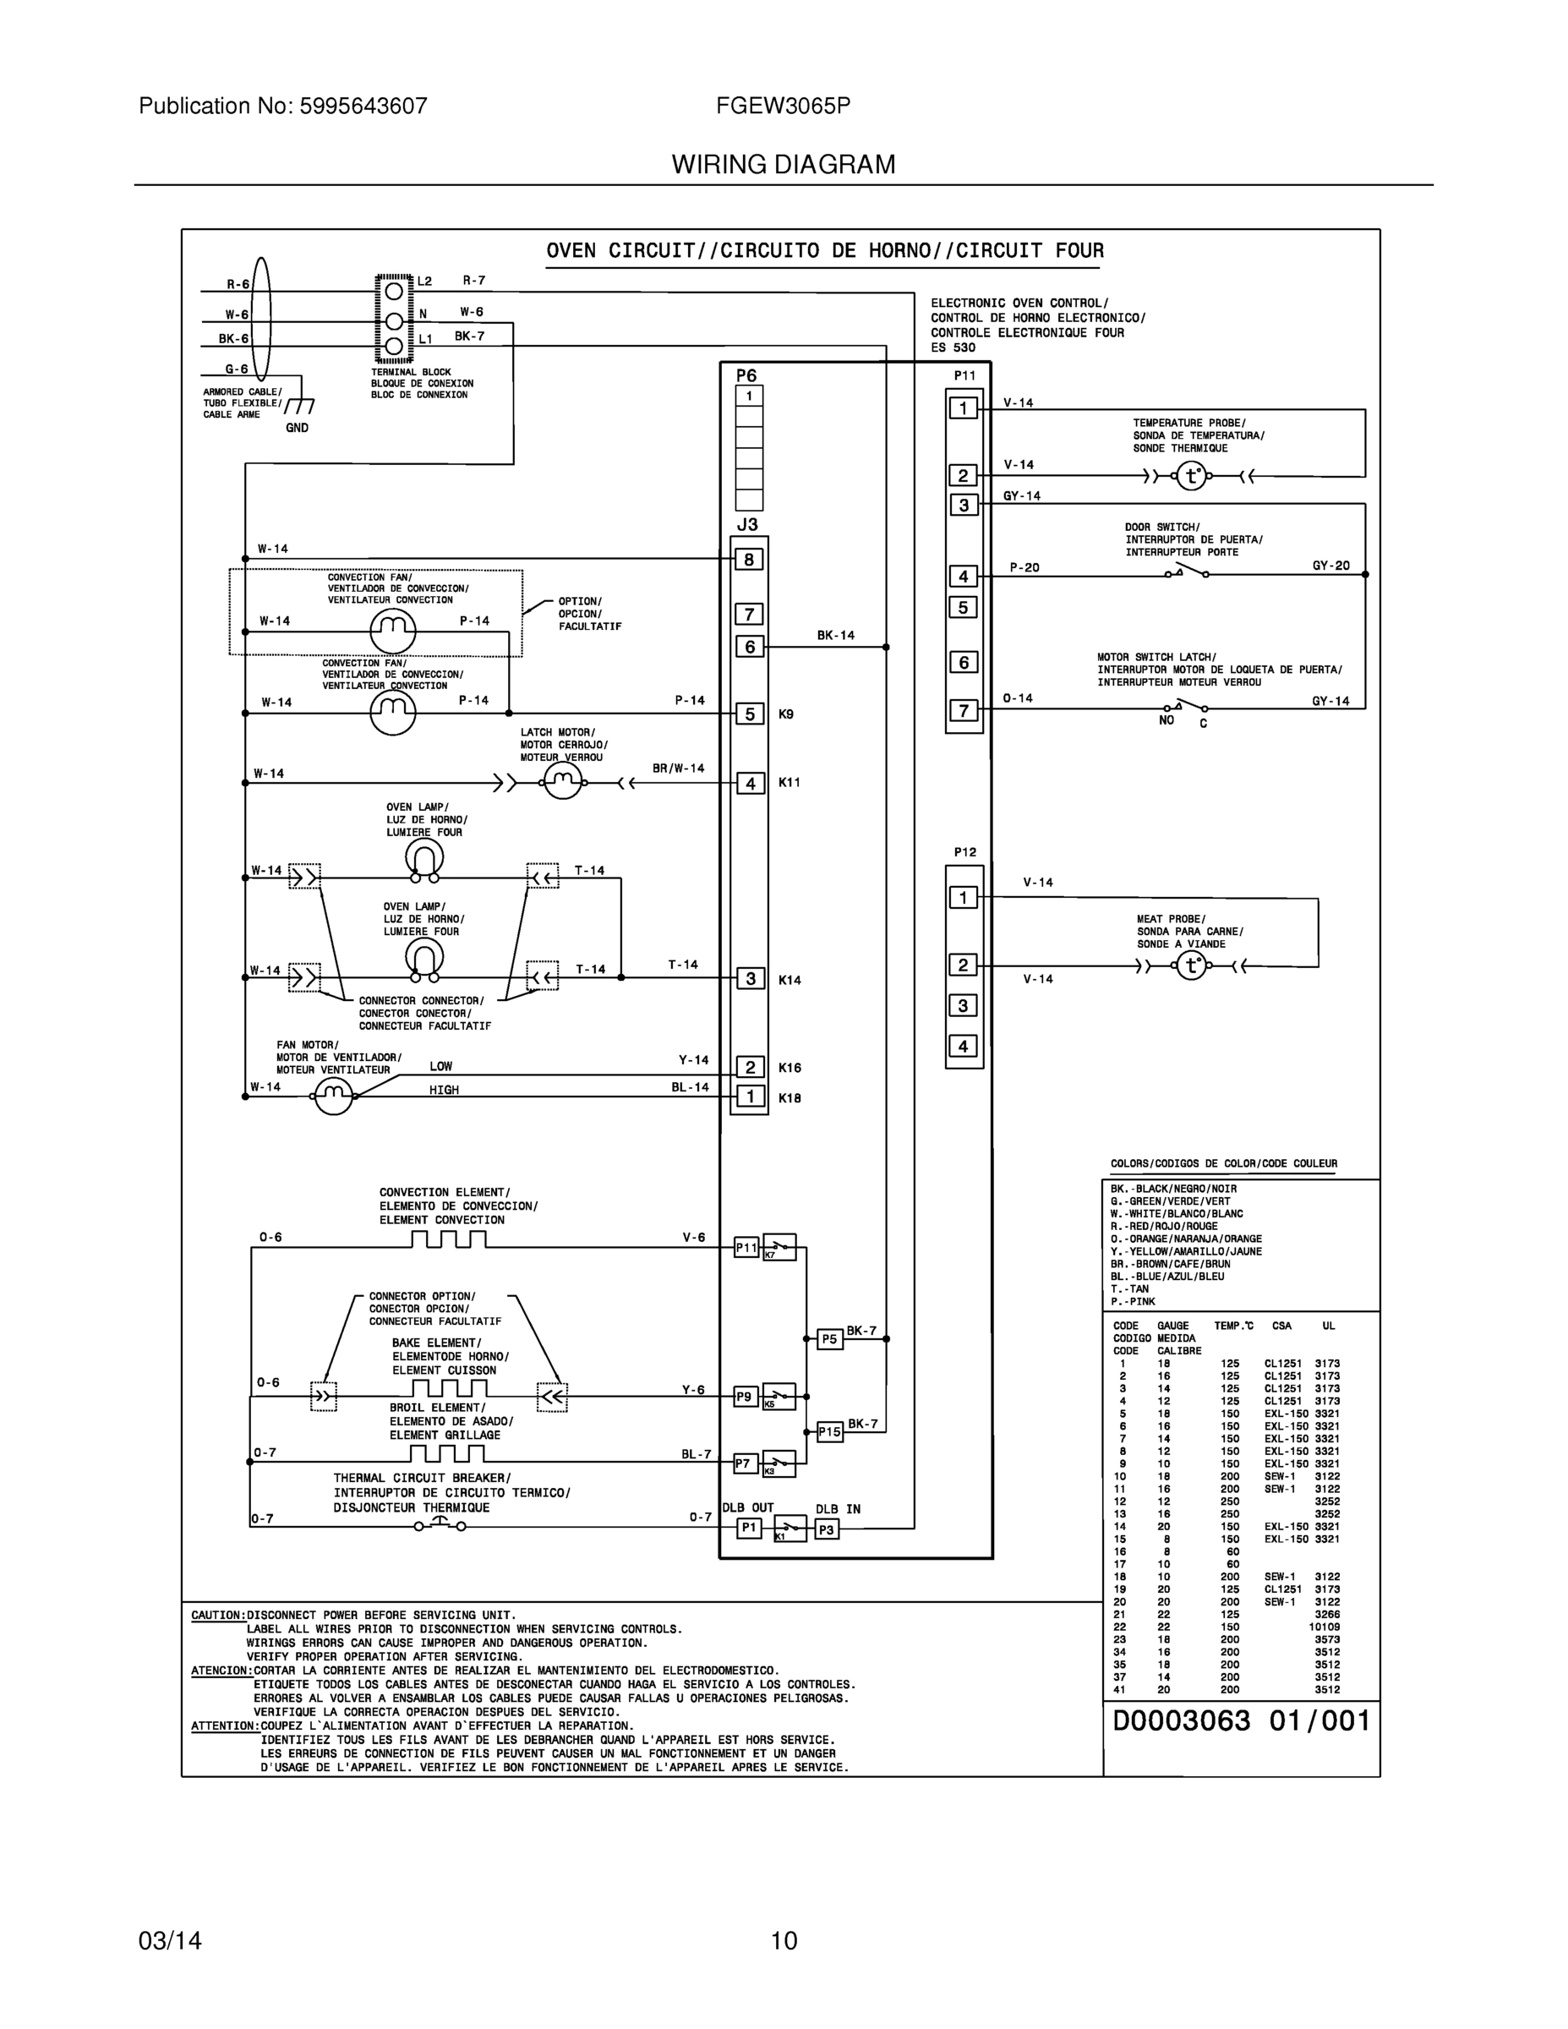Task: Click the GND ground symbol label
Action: [298, 429]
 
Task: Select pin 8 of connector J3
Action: [750, 560]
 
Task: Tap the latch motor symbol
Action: [562, 783]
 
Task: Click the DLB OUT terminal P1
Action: [750, 1529]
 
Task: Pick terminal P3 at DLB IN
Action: [827, 1529]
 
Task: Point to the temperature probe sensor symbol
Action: [1192, 477]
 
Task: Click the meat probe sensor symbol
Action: [1191, 966]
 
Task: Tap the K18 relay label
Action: [789, 1098]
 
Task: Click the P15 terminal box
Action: [829, 1433]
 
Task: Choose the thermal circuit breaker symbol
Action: [440, 1524]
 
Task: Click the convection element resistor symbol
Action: [449, 1239]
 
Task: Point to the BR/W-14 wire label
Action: [678, 768]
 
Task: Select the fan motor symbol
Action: [334, 1097]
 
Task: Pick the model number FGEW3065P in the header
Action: [783, 106]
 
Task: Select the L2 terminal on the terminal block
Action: [394, 290]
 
